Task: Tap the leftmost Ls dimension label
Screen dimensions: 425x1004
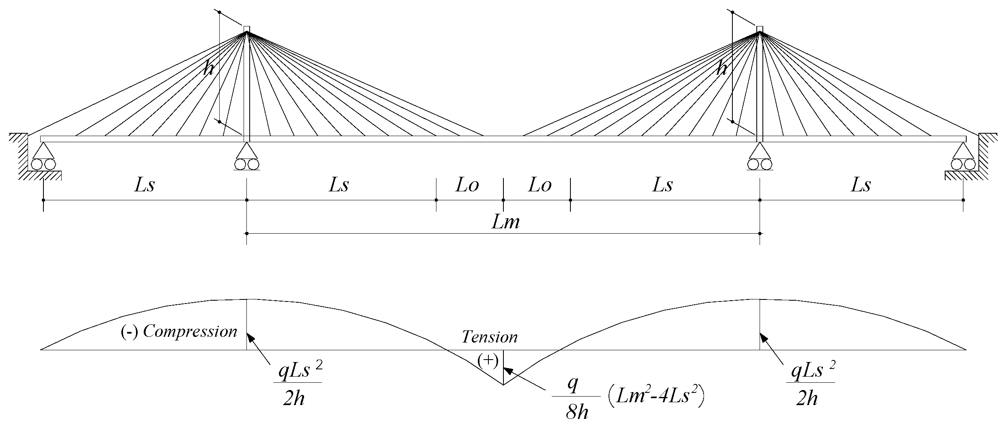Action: pos(145,185)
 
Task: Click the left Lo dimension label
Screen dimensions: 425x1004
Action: pos(467,185)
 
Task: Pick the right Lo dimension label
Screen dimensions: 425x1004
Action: pos(540,185)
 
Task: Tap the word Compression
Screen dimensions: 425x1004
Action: pos(190,332)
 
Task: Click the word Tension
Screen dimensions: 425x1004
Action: pos(490,337)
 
